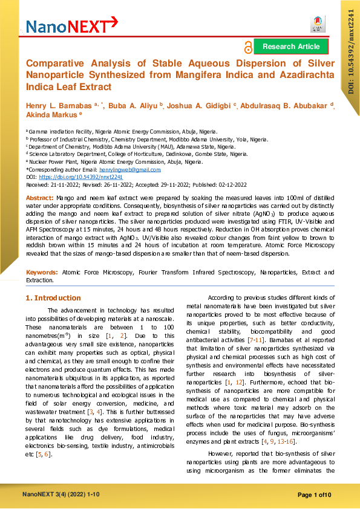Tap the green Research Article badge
tap(291, 46)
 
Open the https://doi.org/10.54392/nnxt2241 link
tap(81, 178)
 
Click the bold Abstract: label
tap(40, 198)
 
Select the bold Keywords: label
tap(42, 273)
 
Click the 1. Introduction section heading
tap(53, 298)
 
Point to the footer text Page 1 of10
tap(315, 496)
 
